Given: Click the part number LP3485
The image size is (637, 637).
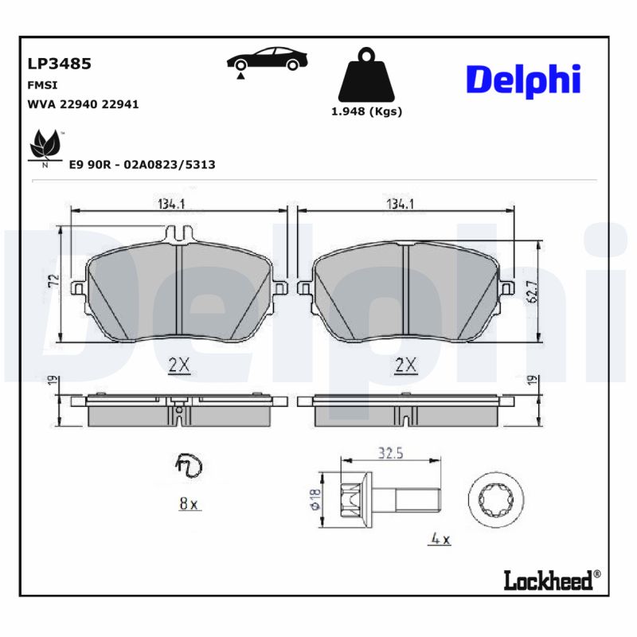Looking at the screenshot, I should click(x=59, y=64).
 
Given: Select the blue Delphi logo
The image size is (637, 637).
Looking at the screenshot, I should click(x=522, y=80).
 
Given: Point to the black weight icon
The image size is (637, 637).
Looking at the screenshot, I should click(x=366, y=76).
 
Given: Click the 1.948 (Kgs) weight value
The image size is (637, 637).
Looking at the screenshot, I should click(x=366, y=111).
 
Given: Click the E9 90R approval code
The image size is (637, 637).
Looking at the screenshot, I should click(x=142, y=164).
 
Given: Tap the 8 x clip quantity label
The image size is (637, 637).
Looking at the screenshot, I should click(x=189, y=502).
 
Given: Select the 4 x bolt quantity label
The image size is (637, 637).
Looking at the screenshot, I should click(x=440, y=540).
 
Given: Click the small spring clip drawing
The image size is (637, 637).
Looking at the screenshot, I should click(x=189, y=466).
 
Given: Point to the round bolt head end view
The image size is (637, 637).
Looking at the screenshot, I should click(x=490, y=500).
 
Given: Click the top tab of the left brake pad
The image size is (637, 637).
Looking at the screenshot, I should click(x=179, y=233).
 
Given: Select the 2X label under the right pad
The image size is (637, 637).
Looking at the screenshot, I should click(x=406, y=365).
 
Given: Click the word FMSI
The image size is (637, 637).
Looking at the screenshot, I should click(x=41, y=84).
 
